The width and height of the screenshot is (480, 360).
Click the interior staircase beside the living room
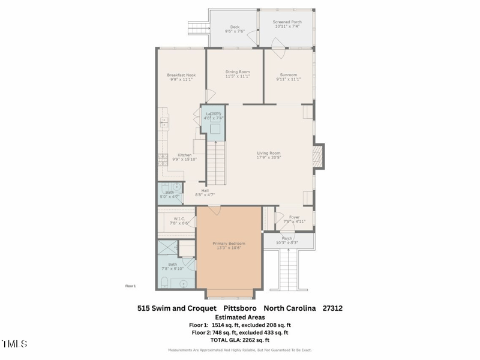(x=217, y=163)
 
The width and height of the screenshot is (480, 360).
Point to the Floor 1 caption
(x=130, y=286)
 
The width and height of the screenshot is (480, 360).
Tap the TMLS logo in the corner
(x=14, y=344)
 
